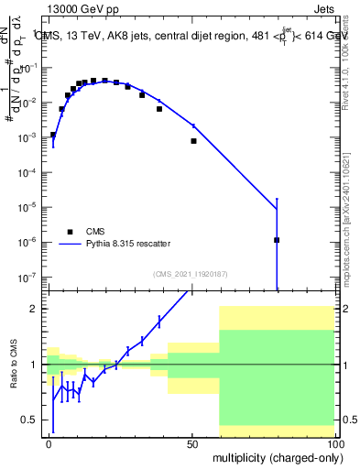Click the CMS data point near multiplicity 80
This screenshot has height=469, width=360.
pos(277,240)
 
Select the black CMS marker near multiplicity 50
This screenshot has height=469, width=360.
pos(193,141)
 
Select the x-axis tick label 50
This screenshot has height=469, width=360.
pos(192,443)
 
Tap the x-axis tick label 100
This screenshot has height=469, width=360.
pos(335,443)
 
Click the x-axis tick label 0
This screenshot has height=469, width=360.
pos(49,443)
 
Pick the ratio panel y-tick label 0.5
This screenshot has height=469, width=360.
pos(29,420)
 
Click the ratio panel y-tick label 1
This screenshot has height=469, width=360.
pos(33,365)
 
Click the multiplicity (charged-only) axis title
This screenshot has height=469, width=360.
pos(276,456)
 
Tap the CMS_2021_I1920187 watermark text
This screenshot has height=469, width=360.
pos(190,273)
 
